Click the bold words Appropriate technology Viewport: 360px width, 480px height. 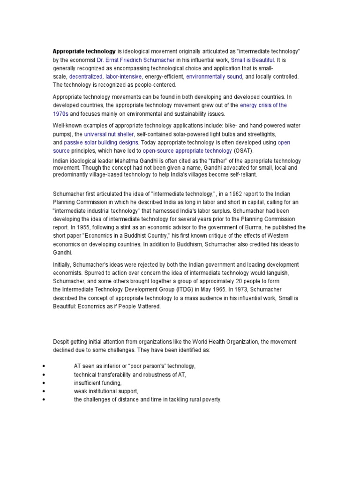(84, 51)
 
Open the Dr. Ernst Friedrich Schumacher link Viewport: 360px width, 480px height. (136, 60)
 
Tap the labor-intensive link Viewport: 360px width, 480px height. (124, 76)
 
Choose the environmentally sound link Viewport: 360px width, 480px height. (214, 76)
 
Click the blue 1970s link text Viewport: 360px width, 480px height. (60, 114)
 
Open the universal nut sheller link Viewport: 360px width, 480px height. (108, 134)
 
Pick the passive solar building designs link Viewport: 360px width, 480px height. (101, 142)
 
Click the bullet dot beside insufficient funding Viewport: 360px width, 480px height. (43, 383)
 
